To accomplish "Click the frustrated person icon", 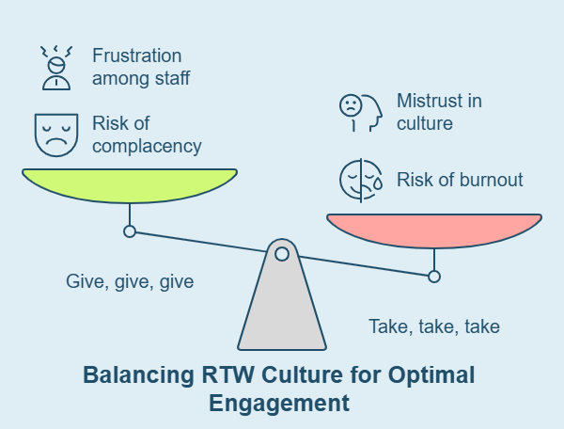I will (55, 67).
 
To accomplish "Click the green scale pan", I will (130, 183).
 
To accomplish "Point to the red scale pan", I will (434, 230).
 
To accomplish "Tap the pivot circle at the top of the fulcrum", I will (282, 252).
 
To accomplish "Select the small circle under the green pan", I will (130, 231).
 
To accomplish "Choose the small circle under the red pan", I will (434, 277).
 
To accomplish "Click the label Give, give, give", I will (130, 281).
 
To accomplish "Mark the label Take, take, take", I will (433, 327).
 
